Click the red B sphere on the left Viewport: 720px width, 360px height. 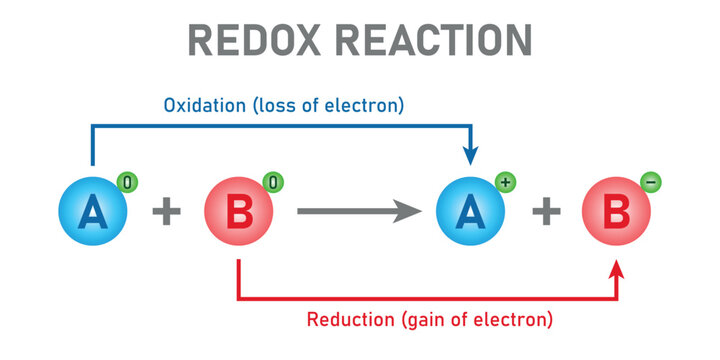pyautogui.click(x=238, y=213)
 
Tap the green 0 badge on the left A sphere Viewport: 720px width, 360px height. pyautogui.click(x=126, y=183)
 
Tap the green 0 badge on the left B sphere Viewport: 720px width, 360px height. pyautogui.click(x=271, y=183)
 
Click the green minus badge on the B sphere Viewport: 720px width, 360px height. pyautogui.click(x=650, y=183)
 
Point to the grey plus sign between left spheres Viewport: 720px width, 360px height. pyautogui.click(x=165, y=212)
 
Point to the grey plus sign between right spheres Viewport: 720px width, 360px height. pyautogui.click(x=544, y=212)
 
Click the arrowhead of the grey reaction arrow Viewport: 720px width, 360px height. pyautogui.click(x=406, y=211)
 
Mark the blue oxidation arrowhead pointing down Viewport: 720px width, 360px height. pyautogui.click(x=470, y=155)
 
